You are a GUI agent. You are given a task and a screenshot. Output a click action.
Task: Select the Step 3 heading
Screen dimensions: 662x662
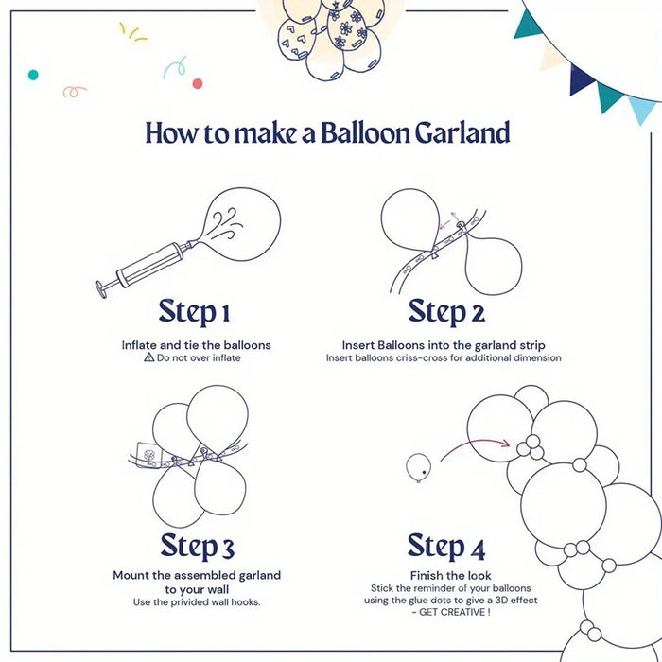197,546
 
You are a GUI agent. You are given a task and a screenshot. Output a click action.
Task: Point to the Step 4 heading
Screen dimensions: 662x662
446,546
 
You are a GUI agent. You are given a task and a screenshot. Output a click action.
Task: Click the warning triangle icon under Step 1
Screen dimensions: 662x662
148,358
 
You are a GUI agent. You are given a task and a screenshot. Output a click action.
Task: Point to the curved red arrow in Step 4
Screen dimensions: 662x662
473,444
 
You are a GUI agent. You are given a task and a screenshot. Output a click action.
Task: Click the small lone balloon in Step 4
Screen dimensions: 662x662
417,464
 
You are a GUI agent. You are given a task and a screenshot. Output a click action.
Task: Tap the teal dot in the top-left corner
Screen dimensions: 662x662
33,74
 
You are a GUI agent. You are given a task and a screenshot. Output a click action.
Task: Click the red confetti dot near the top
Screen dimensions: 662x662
198,83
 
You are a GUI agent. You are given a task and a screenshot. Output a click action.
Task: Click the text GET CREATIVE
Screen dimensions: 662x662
450,613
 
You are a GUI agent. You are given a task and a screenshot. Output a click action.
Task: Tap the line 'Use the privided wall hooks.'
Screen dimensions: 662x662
197,602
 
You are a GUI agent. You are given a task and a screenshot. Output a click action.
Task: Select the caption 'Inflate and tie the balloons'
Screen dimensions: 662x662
197,345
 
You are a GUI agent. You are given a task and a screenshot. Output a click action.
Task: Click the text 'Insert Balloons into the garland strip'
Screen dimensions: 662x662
444,345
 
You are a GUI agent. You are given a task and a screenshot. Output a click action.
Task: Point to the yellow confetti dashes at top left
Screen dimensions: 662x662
132,32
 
